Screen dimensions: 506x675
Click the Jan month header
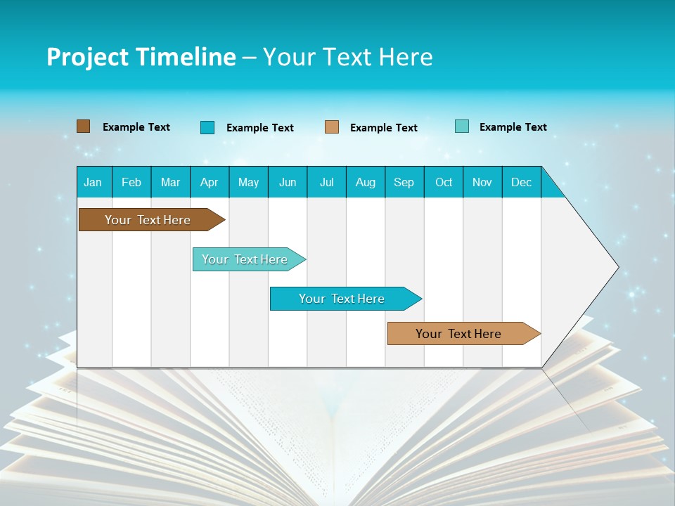[94, 182]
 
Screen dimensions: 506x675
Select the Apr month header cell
[210, 182]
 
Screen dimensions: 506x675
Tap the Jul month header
[327, 182]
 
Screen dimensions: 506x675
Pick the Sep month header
[404, 182]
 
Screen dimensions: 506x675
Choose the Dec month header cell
[522, 182]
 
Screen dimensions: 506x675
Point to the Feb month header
[131, 182]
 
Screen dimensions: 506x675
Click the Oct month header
[444, 182]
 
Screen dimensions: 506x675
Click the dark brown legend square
[83, 126]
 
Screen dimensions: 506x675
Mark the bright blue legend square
[207, 127]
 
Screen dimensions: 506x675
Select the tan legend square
[332, 127]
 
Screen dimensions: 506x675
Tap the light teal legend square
[461, 126]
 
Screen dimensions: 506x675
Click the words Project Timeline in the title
[141, 57]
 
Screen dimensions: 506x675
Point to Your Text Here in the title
[348, 57]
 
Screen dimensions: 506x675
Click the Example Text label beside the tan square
[384, 128]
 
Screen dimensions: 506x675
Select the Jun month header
[288, 182]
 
